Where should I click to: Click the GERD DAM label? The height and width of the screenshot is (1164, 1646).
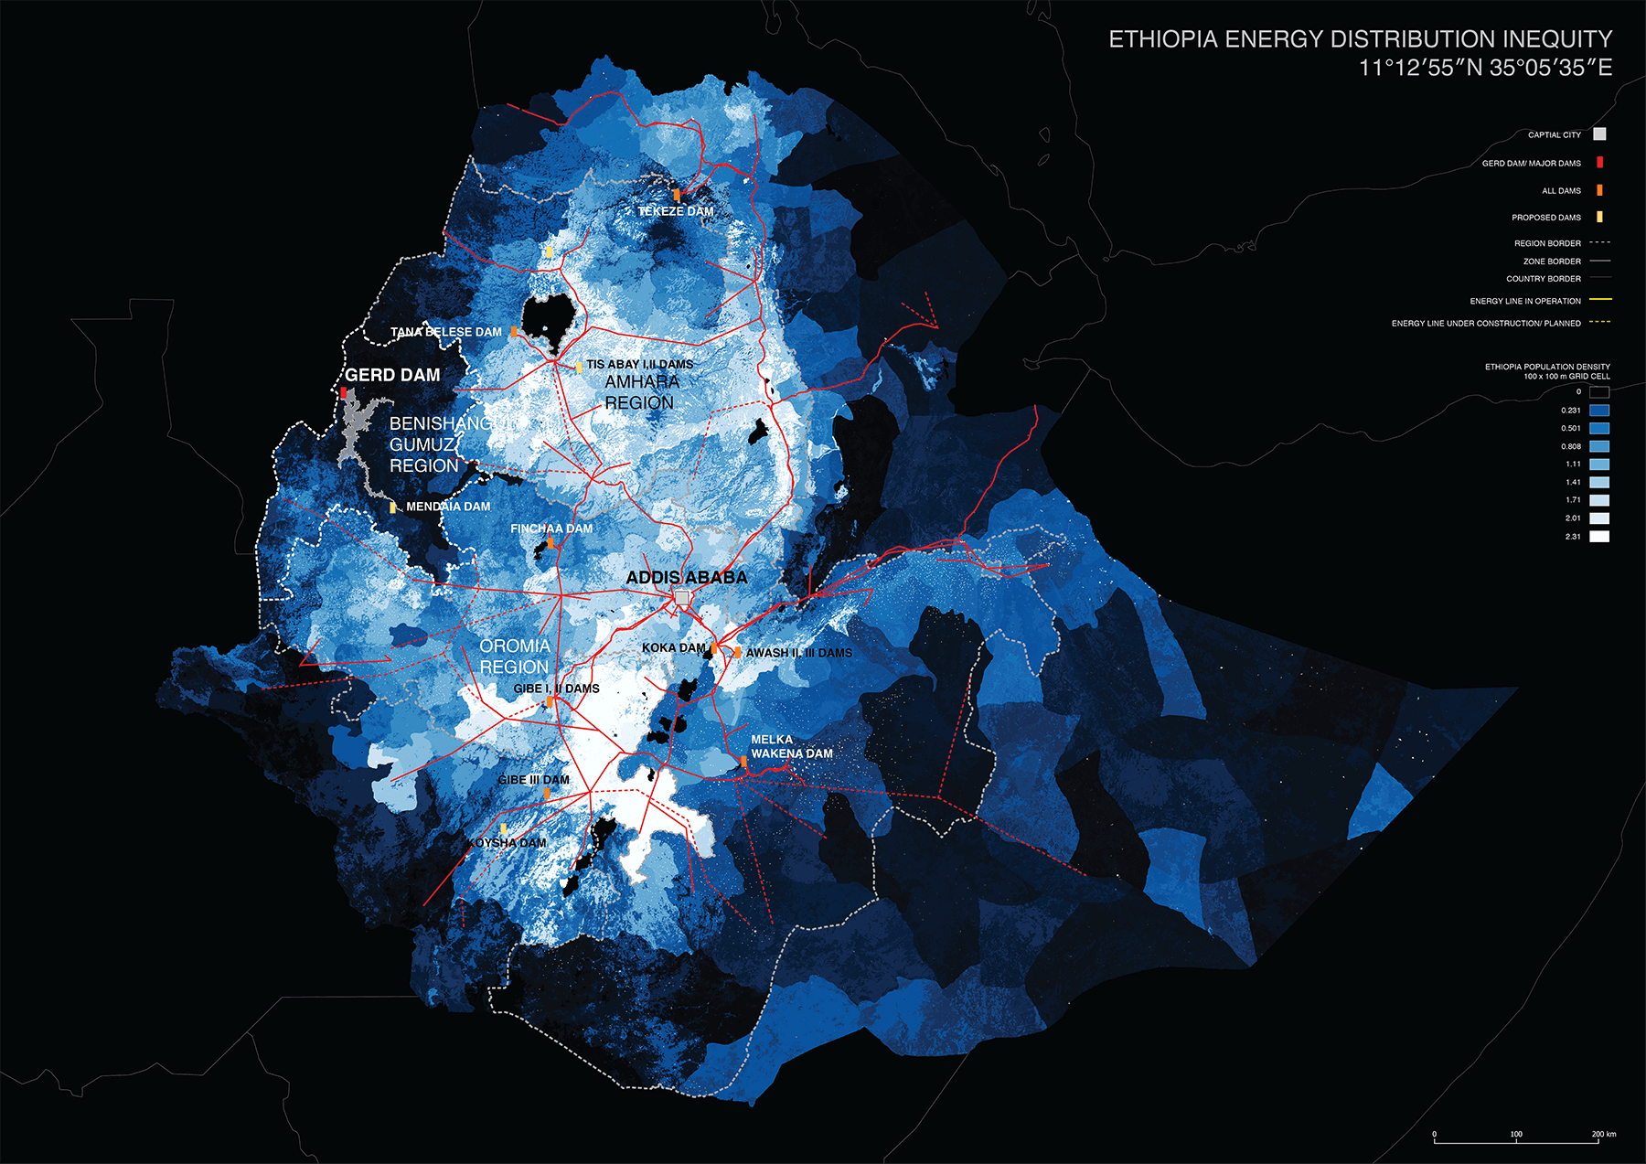click(392, 375)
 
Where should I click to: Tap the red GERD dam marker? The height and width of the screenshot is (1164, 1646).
click(344, 393)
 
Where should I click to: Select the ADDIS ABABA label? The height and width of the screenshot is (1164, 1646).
click(686, 577)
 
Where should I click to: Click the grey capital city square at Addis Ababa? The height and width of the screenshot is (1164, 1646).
click(681, 597)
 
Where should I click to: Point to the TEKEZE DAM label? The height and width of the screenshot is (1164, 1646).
click(675, 211)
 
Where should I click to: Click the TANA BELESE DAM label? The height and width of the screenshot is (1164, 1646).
click(445, 332)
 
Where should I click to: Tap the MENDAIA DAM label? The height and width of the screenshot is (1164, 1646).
click(447, 507)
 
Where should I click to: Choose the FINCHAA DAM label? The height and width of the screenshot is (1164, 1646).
click(550, 529)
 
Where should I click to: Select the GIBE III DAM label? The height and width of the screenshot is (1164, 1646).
click(533, 780)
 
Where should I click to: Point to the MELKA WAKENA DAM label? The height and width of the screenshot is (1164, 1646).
click(791, 747)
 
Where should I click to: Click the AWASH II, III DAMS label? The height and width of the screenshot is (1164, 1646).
click(798, 653)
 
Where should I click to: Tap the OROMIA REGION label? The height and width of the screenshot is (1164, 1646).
click(514, 657)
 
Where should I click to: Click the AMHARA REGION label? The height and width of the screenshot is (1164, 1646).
click(641, 392)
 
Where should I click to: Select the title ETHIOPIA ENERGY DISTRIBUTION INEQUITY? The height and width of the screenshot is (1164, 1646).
click(1360, 39)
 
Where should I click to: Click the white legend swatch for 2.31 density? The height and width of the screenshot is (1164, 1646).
click(1598, 537)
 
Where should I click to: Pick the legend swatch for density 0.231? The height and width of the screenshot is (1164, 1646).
click(1598, 411)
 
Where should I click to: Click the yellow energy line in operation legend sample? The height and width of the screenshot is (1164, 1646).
click(1600, 300)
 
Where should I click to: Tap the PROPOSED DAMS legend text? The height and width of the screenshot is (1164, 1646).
click(1545, 218)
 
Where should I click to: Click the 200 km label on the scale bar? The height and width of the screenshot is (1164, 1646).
click(1603, 1134)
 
